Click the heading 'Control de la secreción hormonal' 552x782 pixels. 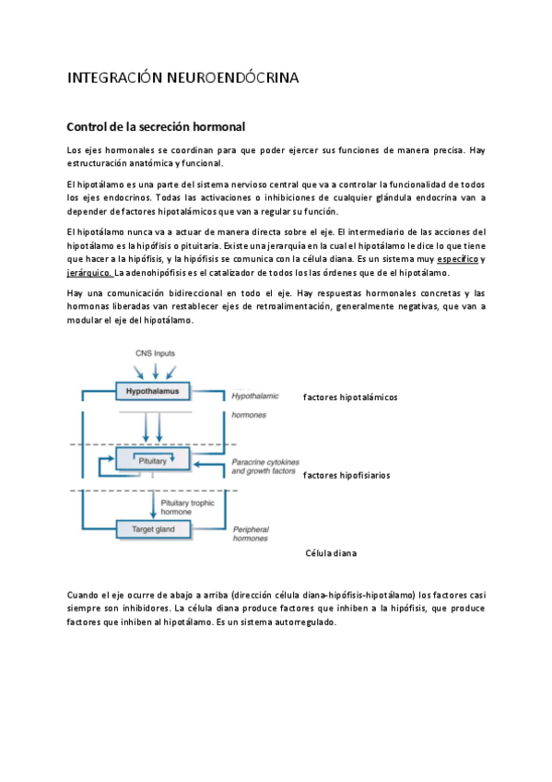(155, 126)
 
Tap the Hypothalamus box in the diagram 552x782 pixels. (152, 392)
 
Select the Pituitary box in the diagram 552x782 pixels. (152, 458)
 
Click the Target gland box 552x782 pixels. (152, 529)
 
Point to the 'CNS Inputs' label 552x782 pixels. (153, 353)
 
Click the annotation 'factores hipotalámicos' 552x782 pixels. (350, 397)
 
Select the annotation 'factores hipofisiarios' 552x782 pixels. (346, 476)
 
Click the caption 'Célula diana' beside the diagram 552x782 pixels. (331, 553)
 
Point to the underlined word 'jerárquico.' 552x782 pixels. (89, 273)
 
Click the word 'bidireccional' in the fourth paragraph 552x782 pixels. (179, 293)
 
